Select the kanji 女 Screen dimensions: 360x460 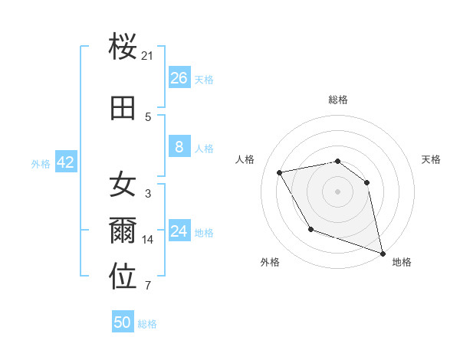(x=123, y=184)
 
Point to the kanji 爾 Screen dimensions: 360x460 (x=123, y=231)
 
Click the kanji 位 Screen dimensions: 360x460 (x=123, y=277)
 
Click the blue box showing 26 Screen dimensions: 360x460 (x=179, y=78)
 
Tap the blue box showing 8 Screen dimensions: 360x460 (x=179, y=147)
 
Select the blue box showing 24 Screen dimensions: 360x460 (x=179, y=231)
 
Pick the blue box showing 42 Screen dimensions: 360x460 (x=65, y=162)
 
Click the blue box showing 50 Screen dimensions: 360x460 (x=123, y=322)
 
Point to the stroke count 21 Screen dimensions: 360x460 (x=148, y=55)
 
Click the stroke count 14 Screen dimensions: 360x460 (x=148, y=240)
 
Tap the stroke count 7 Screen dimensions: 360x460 (x=148, y=286)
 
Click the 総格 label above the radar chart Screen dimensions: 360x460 (x=338, y=100)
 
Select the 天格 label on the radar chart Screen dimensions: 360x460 (x=431, y=159)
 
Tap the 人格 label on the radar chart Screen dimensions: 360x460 (x=245, y=159)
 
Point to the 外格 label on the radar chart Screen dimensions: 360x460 (x=270, y=262)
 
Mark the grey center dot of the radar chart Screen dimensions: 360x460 (x=338, y=191)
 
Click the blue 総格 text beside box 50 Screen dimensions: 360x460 (x=147, y=324)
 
